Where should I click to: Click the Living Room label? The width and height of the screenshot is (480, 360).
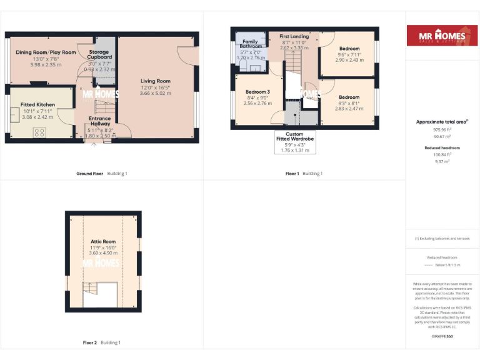(x=155, y=81)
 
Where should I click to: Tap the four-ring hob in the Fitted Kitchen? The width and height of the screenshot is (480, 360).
(x=40, y=132)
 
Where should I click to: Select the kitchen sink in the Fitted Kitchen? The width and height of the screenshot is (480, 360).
(x=13, y=114)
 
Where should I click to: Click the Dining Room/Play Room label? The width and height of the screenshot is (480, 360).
(x=46, y=52)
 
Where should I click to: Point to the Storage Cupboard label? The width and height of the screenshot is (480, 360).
(x=99, y=54)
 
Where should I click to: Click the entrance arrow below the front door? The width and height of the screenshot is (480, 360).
(x=94, y=145)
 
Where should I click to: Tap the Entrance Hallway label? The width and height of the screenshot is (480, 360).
(x=99, y=121)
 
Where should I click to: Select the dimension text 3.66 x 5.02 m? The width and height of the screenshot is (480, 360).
(x=155, y=93)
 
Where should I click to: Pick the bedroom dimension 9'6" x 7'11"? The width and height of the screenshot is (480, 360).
(x=349, y=54)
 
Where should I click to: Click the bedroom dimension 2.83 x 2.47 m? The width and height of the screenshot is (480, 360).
(x=349, y=108)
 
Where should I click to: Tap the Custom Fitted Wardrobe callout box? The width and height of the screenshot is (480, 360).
(x=295, y=142)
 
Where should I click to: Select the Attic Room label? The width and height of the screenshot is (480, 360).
(x=103, y=241)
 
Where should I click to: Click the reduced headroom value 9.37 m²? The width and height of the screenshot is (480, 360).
(x=442, y=161)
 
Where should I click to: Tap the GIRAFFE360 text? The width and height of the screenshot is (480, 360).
(x=442, y=336)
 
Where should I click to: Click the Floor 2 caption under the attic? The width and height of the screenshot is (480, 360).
(x=90, y=342)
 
